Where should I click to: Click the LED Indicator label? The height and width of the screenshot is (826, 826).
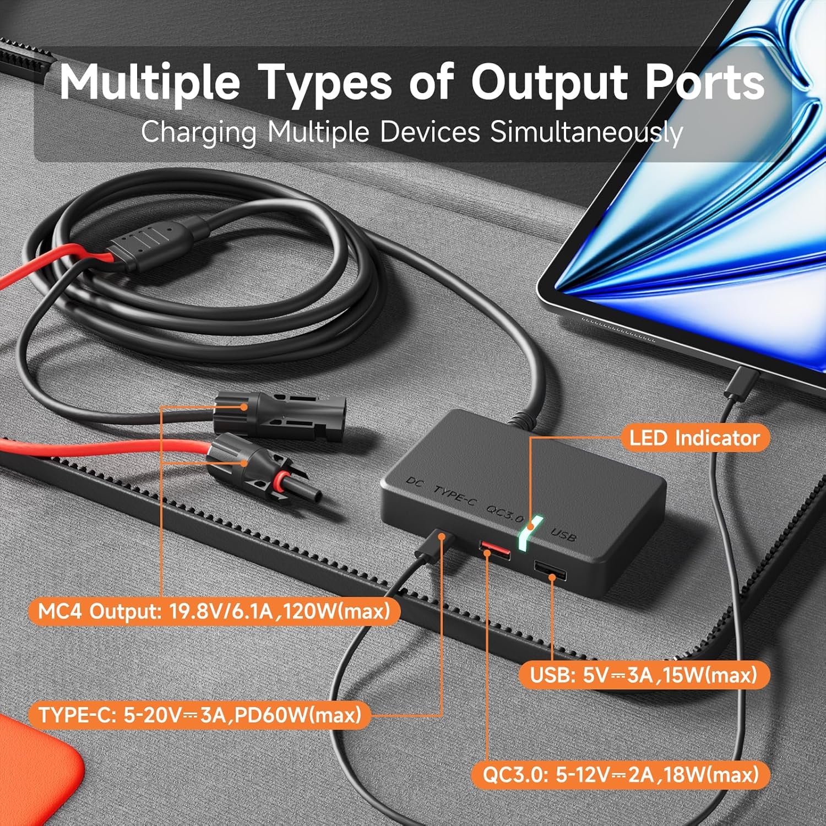click(x=694, y=438)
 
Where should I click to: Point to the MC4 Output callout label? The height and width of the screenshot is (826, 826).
click(x=214, y=611)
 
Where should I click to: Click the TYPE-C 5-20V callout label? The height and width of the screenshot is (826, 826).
click(x=199, y=715)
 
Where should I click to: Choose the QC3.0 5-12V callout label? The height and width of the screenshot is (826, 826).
click(x=621, y=774)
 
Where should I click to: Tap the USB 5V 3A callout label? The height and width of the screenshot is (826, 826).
click(x=644, y=675)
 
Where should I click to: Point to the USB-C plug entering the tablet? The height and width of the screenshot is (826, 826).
click(x=741, y=383)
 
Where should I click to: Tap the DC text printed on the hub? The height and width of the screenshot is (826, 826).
click(x=415, y=482)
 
